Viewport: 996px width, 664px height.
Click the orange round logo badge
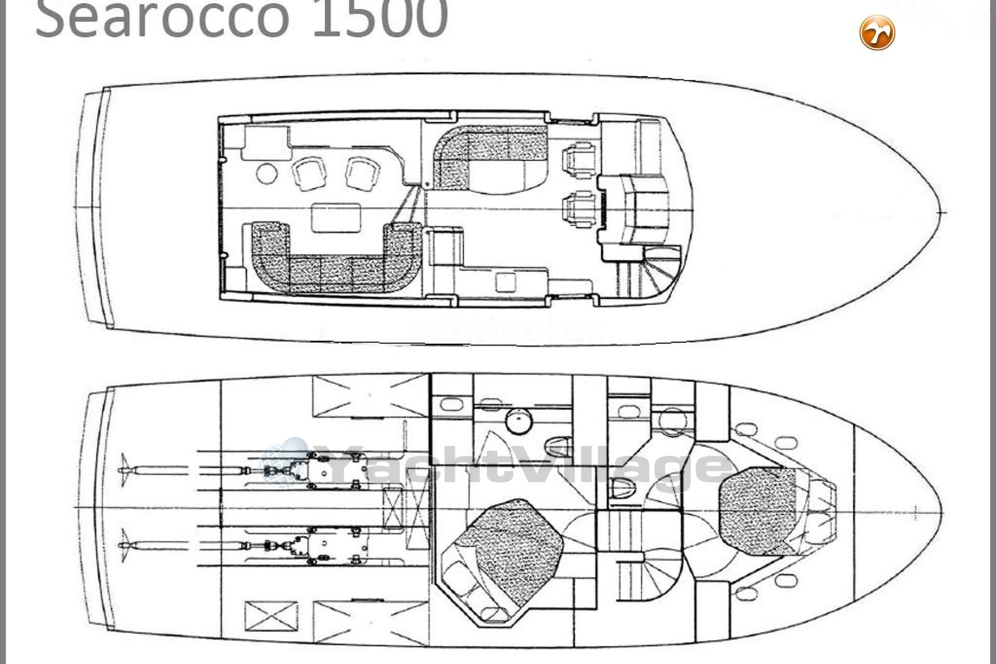877,33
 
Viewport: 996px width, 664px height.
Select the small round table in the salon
267,173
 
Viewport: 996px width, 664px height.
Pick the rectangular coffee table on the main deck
336,217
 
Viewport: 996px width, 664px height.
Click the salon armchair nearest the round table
310,173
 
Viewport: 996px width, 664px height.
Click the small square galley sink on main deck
506,282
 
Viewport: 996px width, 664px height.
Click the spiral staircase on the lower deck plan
659,576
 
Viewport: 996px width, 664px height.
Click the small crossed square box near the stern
271,617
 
